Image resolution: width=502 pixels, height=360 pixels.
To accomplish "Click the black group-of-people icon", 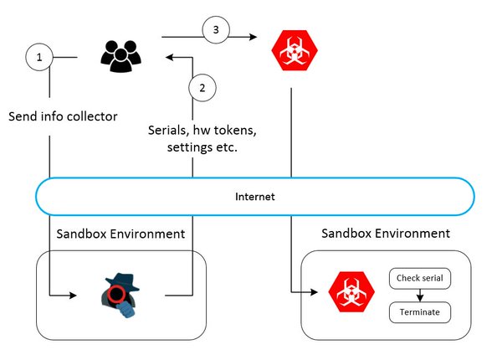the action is tap(120, 56).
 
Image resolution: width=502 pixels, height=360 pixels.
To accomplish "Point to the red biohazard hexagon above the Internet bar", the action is tap(295, 50).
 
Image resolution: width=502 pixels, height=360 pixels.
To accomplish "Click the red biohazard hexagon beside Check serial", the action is tap(351, 292).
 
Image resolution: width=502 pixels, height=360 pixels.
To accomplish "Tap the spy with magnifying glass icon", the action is tap(120, 296).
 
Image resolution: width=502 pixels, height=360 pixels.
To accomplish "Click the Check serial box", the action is tap(420, 278).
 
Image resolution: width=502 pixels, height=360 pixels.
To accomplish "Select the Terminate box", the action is tap(420, 312).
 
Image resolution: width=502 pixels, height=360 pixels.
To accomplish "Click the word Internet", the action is tap(255, 197).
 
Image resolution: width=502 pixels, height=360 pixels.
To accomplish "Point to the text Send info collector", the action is tap(63, 116).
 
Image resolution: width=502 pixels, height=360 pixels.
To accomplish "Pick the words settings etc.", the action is tap(202, 147).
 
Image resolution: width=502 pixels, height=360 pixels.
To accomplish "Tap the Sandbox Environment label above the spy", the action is tap(120, 234).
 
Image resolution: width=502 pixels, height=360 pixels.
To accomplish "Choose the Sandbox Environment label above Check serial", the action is tap(386, 234).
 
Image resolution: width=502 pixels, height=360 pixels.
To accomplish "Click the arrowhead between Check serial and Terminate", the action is tap(420, 297).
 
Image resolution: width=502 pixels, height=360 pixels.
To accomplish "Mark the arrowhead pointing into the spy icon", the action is tap(74, 296).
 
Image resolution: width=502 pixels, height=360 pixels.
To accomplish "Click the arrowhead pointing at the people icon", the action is tap(169, 57).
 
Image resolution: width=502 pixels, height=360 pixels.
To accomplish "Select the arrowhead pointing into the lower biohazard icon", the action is tap(314, 292).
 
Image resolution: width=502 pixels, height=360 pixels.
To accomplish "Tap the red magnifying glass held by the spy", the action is tap(116, 296).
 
